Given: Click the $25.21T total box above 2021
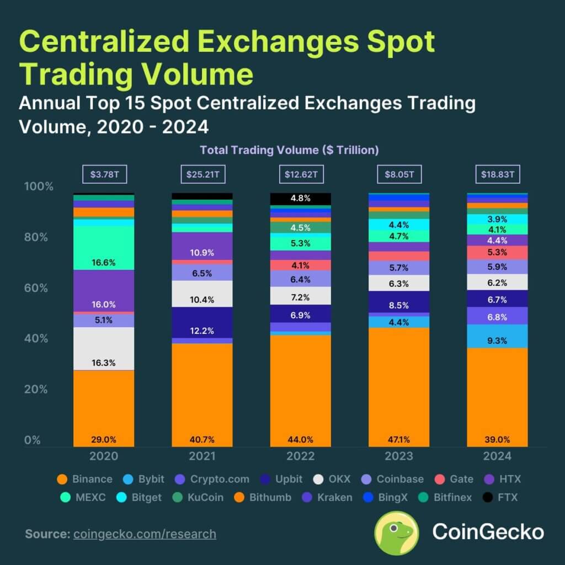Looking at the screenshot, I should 202,175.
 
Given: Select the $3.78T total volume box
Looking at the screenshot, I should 105,175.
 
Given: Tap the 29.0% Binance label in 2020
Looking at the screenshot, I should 104,439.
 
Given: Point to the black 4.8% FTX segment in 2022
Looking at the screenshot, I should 301,199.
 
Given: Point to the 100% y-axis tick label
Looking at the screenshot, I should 39,186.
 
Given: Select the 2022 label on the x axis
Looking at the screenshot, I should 301,456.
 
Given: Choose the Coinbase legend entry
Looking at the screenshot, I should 392,479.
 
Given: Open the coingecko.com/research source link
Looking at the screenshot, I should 145,534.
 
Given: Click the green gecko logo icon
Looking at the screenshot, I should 396,532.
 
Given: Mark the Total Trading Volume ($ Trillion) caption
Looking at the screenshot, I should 289,150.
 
